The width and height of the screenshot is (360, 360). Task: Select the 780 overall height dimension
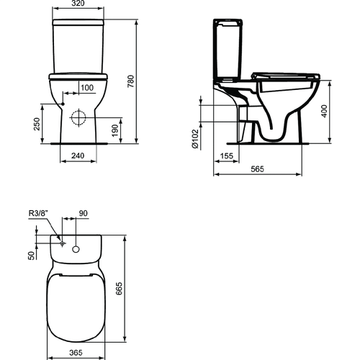(x=131, y=82)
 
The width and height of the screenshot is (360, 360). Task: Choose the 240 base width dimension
(x=78, y=155)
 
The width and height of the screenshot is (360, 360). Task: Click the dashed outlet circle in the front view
(x=78, y=117)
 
